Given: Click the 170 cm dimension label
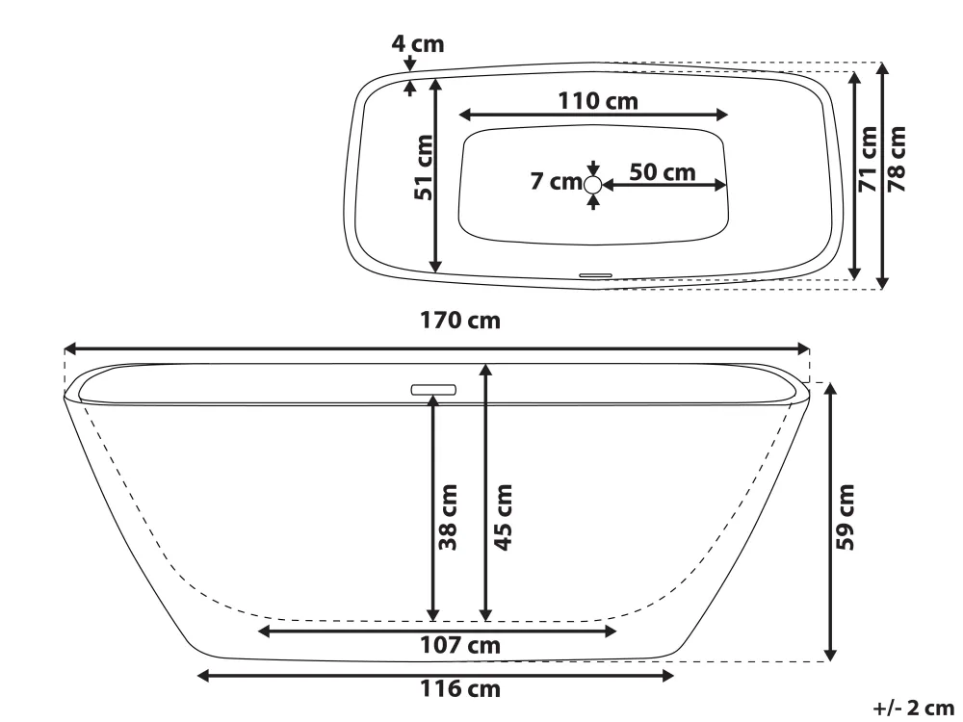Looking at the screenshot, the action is [x=460, y=321].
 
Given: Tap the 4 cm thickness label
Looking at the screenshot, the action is [x=418, y=44].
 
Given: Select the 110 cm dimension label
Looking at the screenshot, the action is [x=598, y=101].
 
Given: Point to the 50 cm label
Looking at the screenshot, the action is [x=663, y=172].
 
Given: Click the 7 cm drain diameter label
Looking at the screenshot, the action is [x=557, y=182].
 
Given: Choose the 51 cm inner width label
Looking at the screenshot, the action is [x=424, y=168].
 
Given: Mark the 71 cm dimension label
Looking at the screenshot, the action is [x=868, y=160].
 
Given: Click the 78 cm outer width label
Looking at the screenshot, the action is [x=897, y=160].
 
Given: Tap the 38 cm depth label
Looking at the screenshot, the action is [x=449, y=518].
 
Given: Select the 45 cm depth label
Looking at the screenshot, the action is [x=503, y=518].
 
